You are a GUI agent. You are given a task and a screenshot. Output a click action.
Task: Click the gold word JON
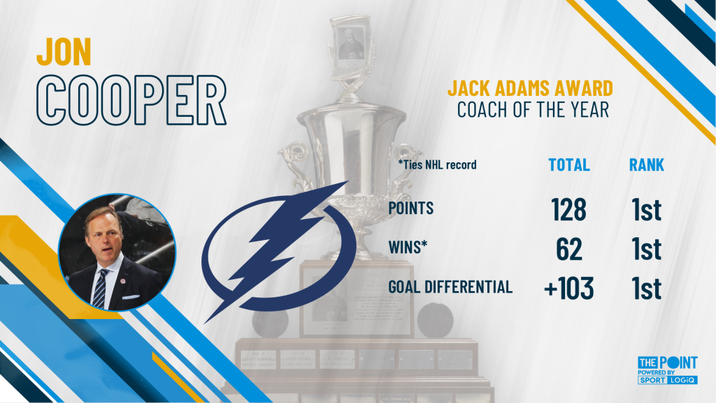(x=64, y=52)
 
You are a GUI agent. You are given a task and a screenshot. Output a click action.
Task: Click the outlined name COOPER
(x=131, y=100)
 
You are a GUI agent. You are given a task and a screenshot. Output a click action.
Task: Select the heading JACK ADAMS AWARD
(x=530, y=88)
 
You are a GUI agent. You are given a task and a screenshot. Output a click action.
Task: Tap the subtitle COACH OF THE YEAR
(x=533, y=110)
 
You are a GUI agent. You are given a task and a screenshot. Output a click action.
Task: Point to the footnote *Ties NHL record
(x=437, y=164)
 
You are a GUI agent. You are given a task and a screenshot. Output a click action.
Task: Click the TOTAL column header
(x=569, y=165)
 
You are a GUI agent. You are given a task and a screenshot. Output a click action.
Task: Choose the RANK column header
(x=646, y=165)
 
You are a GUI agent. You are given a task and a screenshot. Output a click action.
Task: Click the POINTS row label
(x=410, y=208)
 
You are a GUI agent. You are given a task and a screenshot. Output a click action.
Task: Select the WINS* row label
(x=408, y=247)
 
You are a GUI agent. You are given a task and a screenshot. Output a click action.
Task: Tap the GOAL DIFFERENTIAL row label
(x=450, y=287)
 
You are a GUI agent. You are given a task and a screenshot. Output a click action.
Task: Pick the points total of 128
(x=568, y=209)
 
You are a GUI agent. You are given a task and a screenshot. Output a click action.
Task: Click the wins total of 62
(x=569, y=248)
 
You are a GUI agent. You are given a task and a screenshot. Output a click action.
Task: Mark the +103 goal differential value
(x=568, y=288)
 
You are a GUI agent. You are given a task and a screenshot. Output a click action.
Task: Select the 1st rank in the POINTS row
(x=646, y=209)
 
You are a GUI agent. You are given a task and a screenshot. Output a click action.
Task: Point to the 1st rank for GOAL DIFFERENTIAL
(x=646, y=288)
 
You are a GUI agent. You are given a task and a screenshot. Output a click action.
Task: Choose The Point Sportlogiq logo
(x=667, y=370)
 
